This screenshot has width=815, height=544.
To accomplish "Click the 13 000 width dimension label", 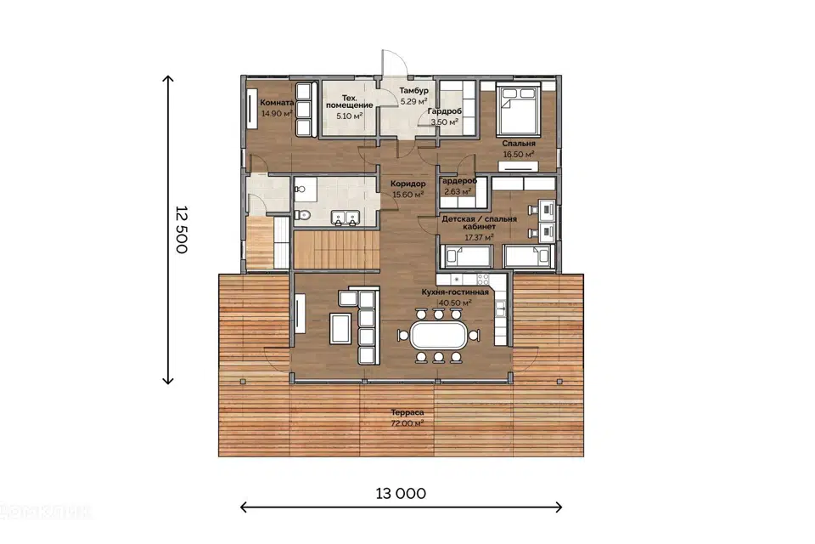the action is (x=401, y=494).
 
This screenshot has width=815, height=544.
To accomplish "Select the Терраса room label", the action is (x=407, y=412).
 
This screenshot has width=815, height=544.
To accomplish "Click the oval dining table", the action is (x=439, y=335).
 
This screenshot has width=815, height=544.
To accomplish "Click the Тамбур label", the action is (x=413, y=91).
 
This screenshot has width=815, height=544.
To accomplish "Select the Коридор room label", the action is (x=408, y=184).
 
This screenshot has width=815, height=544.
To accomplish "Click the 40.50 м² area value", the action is (x=455, y=303).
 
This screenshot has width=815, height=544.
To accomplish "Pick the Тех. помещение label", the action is (x=349, y=101).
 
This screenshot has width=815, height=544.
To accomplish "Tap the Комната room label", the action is (x=277, y=103).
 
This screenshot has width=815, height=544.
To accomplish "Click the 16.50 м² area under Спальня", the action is (x=519, y=155).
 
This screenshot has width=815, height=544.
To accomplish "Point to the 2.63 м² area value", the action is (x=458, y=191).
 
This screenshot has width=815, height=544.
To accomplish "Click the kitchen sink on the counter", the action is (x=500, y=309).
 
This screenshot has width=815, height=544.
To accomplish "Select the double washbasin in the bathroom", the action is (x=345, y=218).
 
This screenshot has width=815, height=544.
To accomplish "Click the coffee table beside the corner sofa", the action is (x=340, y=328).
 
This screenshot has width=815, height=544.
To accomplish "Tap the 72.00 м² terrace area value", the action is (x=407, y=423).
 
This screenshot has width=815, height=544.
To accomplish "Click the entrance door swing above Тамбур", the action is (x=395, y=63).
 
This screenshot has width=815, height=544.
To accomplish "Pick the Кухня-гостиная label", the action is (x=455, y=292).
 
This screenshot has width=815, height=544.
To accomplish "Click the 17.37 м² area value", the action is (x=479, y=237).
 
